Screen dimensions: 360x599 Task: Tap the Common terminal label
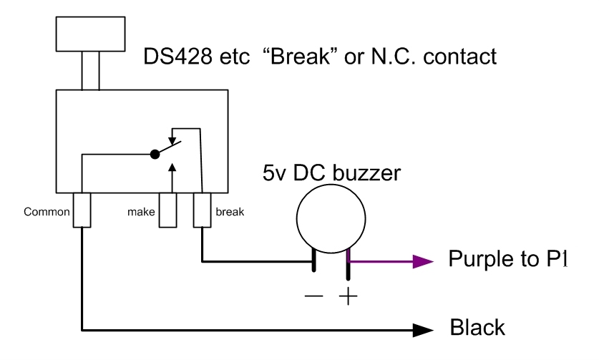point(47,212)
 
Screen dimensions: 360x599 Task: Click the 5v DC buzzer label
point(331,173)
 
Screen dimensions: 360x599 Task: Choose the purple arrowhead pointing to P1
point(425,261)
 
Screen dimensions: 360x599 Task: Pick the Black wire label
point(477,329)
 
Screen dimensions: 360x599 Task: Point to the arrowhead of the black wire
point(425,330)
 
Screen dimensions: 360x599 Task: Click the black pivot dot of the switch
point(154,153)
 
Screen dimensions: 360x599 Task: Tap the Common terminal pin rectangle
point(82,209)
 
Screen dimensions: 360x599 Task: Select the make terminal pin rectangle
point(167,209)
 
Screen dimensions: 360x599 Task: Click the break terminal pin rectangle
point(203,209)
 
